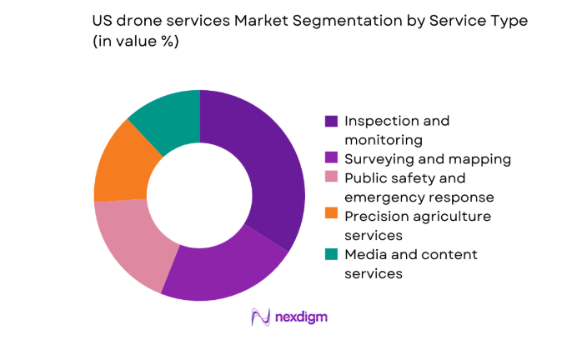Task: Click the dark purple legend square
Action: [x=331, y=121]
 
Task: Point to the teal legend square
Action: [x=331, y=255]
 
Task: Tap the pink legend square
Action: [x=331, y=178]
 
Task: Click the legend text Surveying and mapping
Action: [x=429, y=159]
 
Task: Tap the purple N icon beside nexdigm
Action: [x=262, y=317]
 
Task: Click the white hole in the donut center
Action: [x=199, y=195]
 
